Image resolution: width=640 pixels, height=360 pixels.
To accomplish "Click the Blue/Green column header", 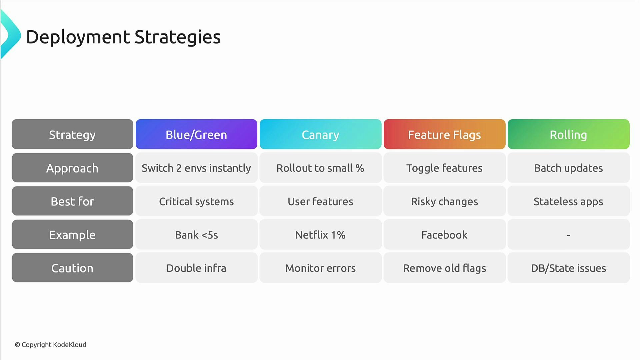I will click(x=196, y=134).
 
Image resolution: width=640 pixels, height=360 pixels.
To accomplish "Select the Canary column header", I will click(x=320, y=134).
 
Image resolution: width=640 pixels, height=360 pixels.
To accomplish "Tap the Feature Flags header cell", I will click(x=444, y=134).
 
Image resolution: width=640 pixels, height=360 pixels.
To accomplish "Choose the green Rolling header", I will click(x=568, y=134).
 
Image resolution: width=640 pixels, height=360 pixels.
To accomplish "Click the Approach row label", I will click(x=72, y=168).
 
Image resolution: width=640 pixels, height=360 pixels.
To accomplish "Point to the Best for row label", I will click(x=72, y=201).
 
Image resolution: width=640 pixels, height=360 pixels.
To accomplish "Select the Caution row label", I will click(x=72, y=268).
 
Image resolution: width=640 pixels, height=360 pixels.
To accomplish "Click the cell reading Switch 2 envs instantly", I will click(x=196, y=168).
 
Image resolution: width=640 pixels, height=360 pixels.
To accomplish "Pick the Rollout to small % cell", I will click(x=320, y=168).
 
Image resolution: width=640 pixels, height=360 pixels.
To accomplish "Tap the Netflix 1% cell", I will click(x=320, y=235).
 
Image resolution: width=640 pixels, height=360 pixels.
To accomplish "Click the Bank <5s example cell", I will click(x=196, y=235).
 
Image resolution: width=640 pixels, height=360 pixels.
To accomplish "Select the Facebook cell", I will click(x=444, y=235).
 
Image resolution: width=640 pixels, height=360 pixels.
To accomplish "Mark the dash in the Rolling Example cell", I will click(x=568, y=235).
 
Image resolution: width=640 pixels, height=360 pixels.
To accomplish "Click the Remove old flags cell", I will click(x=444, y=268).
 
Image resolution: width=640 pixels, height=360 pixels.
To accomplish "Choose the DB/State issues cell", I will click(x=568, y=268).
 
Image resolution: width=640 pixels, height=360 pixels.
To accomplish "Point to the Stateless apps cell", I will click(x=568, y=201).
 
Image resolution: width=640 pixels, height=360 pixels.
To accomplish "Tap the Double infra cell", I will click(x=196, y=268).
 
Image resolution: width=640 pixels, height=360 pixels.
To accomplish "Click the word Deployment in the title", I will click(x=78, y=37).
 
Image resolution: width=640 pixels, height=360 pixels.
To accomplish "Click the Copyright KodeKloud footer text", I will click(x=51, y=345).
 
